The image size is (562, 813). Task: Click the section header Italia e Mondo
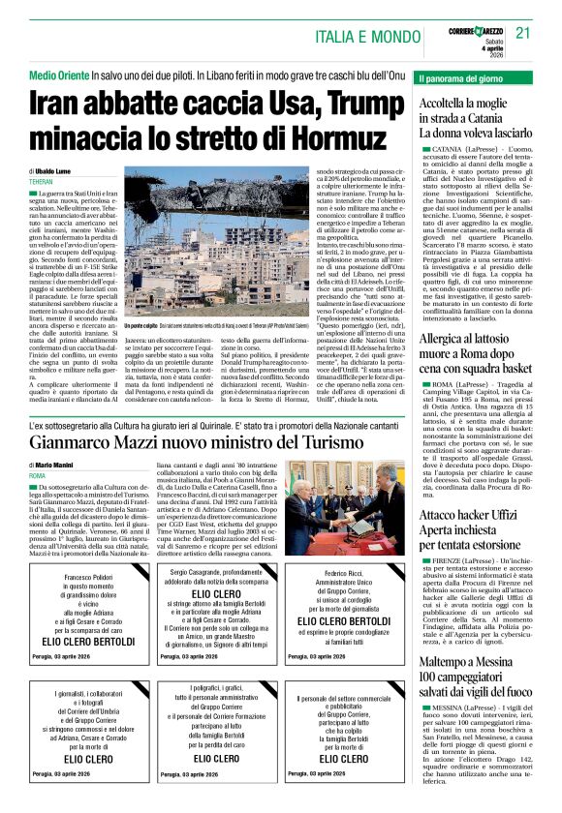click(x=366, y=36)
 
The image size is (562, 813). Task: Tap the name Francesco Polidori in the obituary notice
click(x=87, y=577)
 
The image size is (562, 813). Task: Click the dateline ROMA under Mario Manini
click(x=37, y=476)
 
